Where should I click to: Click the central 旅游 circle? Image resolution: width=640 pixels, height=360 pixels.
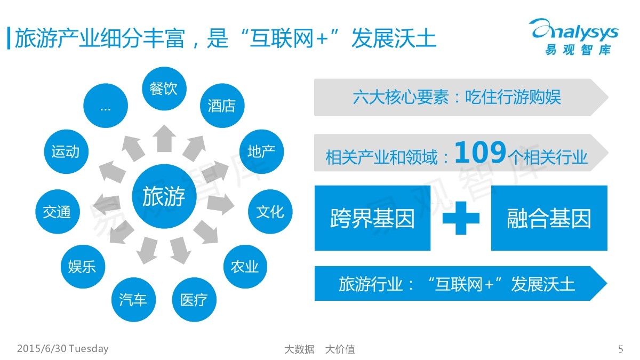[163, 197]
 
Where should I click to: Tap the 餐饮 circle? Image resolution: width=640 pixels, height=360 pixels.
[163, 88]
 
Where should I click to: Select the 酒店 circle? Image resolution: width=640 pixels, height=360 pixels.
[221, 105]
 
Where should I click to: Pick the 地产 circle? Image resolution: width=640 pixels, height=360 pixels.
[261, 151]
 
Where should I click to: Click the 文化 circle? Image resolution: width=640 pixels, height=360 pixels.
[270, 212]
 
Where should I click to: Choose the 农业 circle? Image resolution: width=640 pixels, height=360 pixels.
[245, 267]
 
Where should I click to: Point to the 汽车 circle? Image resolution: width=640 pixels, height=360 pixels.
[133, 300]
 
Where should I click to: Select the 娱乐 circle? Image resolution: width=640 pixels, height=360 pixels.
[82, 267]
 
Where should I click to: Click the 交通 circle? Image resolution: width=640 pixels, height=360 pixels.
[57, 212]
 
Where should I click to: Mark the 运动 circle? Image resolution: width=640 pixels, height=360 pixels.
[65, 151]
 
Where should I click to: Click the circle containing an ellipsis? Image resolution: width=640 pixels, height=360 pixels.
[106, 106]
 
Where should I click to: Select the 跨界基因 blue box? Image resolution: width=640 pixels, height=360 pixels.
[372, 218]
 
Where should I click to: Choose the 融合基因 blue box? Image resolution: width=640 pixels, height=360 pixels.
[549, 218]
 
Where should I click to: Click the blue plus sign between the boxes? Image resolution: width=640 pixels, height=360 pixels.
[461, 218]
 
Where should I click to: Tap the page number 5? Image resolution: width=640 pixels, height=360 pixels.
[620, 349]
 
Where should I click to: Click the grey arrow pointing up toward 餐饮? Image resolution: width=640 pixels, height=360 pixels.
[164, 138]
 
